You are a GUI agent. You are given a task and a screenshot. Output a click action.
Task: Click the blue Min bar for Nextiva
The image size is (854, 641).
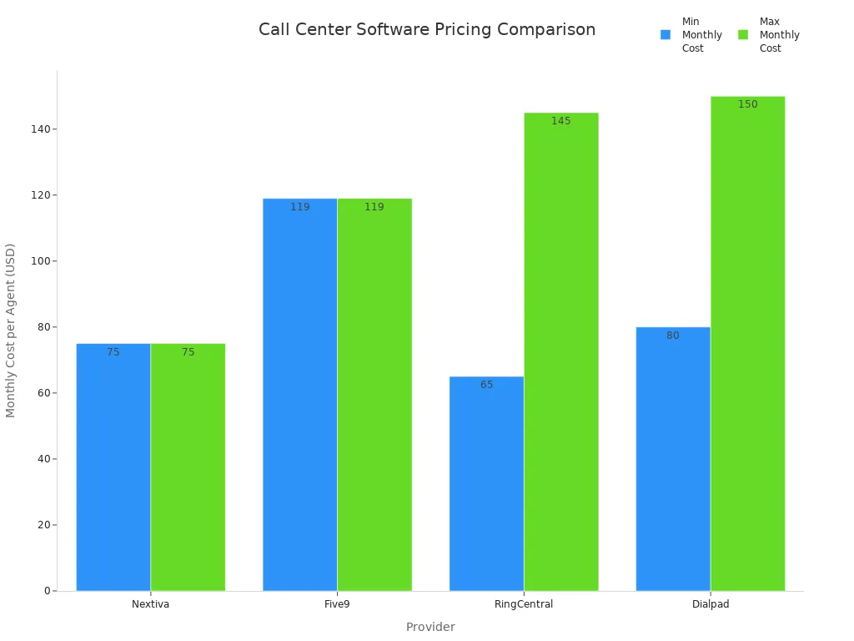pyautogui.click(x=113, y=467)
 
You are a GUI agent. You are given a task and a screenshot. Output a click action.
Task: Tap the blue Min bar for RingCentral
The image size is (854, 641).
pyautogui.click(x=486, y=484)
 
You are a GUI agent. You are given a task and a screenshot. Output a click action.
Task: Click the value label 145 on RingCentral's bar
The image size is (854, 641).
pyautogui.click(x=560, y=121)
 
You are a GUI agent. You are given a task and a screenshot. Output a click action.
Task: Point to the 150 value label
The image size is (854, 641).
pyautogui.click(x=747, y=104)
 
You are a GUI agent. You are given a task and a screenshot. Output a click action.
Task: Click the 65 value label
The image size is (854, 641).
pyautogui.click(x=486, y=385)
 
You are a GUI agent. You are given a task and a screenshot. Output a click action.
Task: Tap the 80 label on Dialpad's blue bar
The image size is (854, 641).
pyautogui.click(x=672, y=336)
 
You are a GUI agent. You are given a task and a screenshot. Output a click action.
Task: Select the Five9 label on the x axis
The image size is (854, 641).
pyautogui.click(x=337, y=604)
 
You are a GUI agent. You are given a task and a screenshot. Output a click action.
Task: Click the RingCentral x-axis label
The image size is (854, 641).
pyautogui.click(x=524, y=604)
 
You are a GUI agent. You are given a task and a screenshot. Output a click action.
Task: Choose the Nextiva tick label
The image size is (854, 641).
pyautogui.click(x=150, y=604)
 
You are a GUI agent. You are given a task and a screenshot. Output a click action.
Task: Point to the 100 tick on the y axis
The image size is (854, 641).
pyautogui.click(x=38, y=261)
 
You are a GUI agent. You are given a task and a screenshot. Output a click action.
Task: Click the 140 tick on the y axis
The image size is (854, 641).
pyautogui.click(x=38, y=129)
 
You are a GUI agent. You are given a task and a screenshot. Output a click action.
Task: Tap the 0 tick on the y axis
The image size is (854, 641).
pyautogui.click(x=47, y=591)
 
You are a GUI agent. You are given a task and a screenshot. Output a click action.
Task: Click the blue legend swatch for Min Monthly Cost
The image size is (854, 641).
pyautogui.click(x=666, y=35)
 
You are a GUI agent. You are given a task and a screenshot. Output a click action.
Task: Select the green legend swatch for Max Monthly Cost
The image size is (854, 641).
pyautogui.click(x=743, y=35)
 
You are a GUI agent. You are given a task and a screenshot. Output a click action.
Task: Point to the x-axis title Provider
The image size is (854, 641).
pyautogui.click(x=430, y=627)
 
